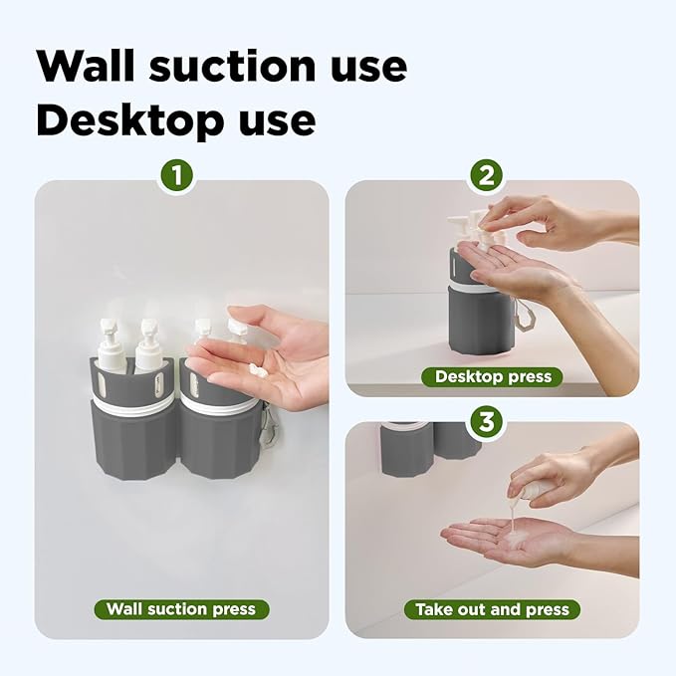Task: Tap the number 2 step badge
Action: (x=486, y=176)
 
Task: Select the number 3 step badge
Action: (x=486, y=421)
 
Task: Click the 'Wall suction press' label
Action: (x=181, y=608)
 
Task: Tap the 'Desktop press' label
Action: (x=492, y=377)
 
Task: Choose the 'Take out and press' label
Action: (x=493, y=608)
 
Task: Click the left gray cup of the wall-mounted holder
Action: (x=131, y=438)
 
